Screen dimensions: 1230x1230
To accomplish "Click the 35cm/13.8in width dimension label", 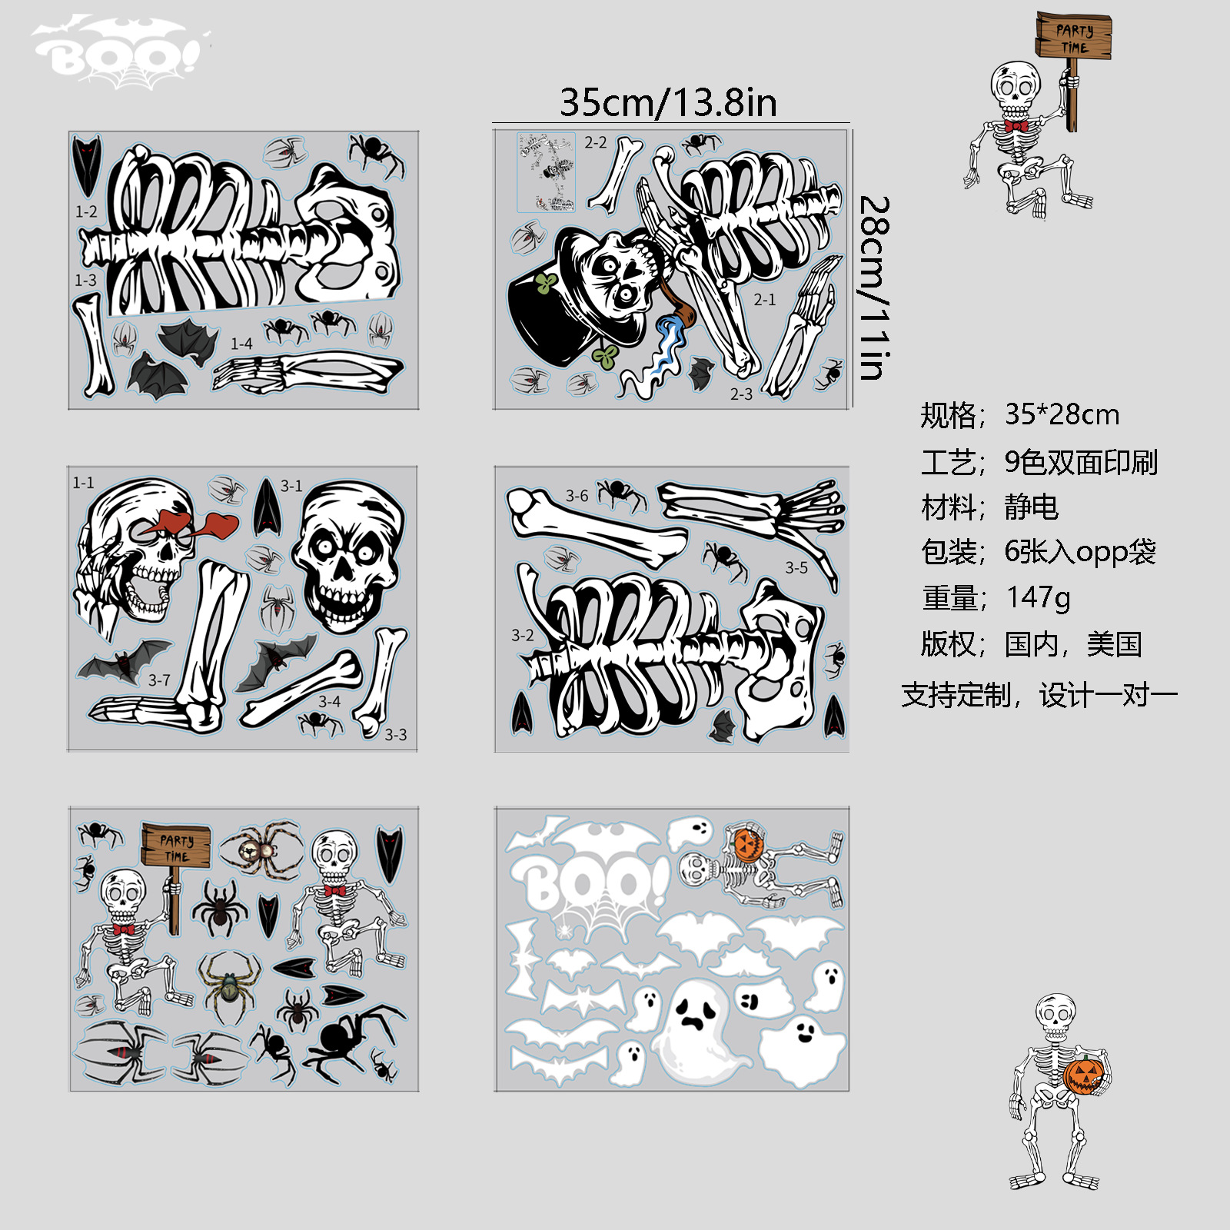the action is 668,102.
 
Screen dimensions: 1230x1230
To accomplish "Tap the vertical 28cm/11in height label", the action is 874,288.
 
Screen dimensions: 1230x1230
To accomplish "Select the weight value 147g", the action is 1038,597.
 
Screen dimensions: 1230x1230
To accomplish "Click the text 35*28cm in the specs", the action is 1062,414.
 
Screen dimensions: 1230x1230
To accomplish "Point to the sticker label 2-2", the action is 595,142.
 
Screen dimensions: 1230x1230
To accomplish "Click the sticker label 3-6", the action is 577,496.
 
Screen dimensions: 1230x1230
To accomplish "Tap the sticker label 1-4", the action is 241,344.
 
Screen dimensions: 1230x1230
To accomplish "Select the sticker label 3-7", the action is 159,680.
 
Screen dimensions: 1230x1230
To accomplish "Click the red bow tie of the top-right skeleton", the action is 1016,126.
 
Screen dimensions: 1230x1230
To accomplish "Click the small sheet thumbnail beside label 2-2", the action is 546,171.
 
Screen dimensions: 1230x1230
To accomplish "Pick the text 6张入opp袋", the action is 1080,552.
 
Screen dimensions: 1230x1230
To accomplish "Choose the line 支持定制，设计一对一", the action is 1039,695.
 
